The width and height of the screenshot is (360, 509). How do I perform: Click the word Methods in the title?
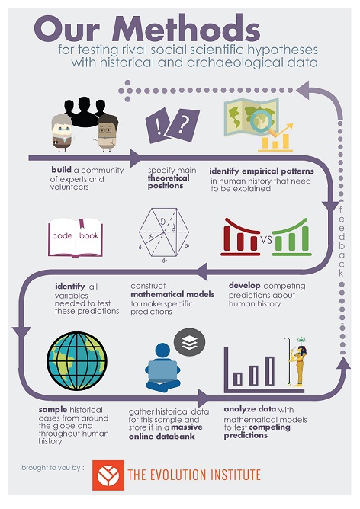[186, 28]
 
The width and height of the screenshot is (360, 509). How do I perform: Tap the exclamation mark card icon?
[158, 125]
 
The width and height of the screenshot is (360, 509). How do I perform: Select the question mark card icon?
[183, 125]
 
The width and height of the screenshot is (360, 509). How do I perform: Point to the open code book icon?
[76, 237]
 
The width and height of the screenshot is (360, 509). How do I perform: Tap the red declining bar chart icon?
[241, 237]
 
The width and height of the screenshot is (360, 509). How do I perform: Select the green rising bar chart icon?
[292, 237]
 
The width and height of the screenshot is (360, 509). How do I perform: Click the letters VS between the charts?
[265, 240]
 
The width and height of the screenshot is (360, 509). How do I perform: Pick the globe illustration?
[77, 360]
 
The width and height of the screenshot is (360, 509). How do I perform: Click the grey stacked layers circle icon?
[189, 342]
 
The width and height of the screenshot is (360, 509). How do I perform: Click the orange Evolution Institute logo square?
[108, 475]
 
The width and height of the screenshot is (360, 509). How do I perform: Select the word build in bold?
[61, 169]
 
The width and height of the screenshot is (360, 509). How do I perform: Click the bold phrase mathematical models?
[172, 294]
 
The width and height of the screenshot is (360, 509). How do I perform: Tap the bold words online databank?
[162, 437]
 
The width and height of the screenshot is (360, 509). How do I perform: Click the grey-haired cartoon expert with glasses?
[62, 133]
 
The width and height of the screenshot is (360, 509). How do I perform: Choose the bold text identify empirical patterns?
[262, 171]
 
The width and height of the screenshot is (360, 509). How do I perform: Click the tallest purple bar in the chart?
[270, 371]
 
